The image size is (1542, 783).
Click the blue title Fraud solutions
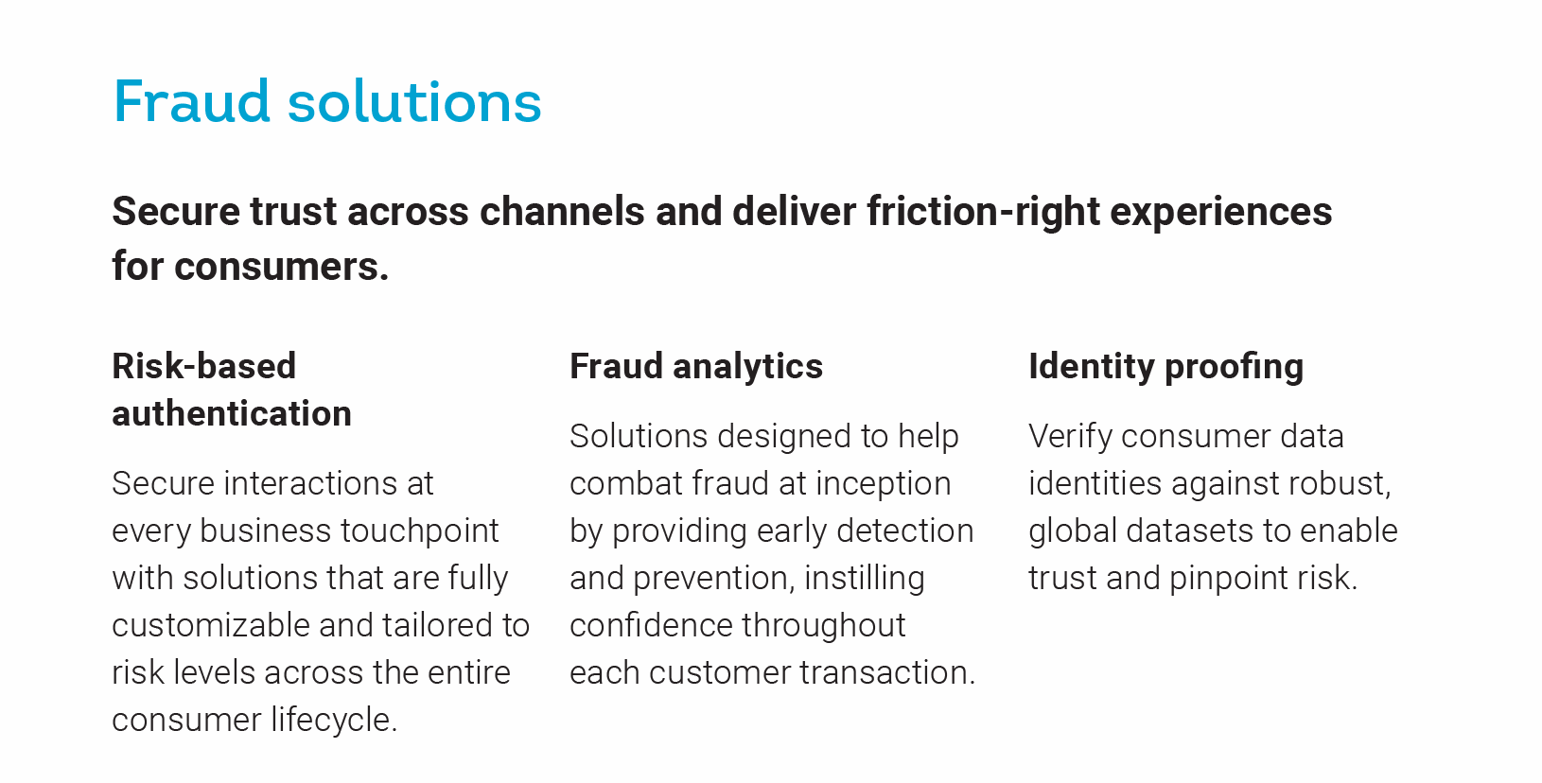click(x=327, y=102)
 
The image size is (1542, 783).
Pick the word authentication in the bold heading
click(x=232, y=413)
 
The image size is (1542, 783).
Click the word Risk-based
click(x=204, y=366)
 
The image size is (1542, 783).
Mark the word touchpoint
click(x=418, y=531)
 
